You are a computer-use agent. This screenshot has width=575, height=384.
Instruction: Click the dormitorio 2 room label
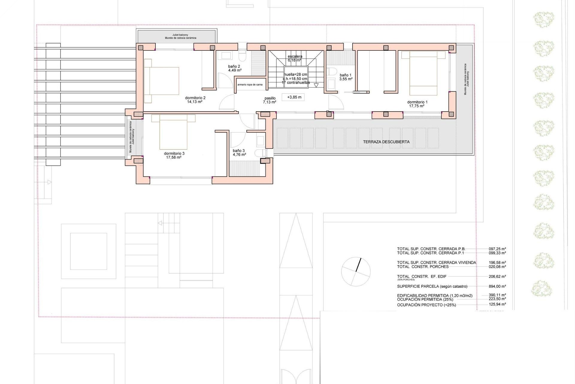pos(195,98)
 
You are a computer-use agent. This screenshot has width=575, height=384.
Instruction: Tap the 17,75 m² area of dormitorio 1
pos(417,106)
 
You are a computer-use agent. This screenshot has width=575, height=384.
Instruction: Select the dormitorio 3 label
pos(174,153)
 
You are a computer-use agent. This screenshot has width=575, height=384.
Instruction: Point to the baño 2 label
pos(234,67)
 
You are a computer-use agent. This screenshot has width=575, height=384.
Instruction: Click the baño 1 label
pos(346,75)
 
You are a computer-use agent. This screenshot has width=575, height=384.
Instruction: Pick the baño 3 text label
pos(239,151)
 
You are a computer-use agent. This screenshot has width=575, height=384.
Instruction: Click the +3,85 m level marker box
pos(294,97)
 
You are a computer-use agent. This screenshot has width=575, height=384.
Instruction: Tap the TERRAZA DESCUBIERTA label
pos(386,142)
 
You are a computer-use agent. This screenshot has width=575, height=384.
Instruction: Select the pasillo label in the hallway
pos(270,98)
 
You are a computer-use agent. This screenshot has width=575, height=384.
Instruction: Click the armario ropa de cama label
pos(250,85)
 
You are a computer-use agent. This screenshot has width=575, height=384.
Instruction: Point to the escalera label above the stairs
pos(295,56)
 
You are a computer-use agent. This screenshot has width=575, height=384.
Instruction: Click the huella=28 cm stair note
pos(296,74)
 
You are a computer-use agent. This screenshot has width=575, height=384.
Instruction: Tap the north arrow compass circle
pos(356,271)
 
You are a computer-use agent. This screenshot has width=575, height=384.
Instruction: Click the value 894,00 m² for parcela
pos(497,286)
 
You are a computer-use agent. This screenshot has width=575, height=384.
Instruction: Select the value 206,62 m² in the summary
pos(497,277)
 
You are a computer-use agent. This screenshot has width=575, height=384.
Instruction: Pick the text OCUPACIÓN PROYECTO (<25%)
pos(426,305)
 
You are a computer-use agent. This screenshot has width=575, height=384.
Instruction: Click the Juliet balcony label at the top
pos(180,35)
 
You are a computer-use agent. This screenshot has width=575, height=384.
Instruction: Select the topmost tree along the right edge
pos(544,20)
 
